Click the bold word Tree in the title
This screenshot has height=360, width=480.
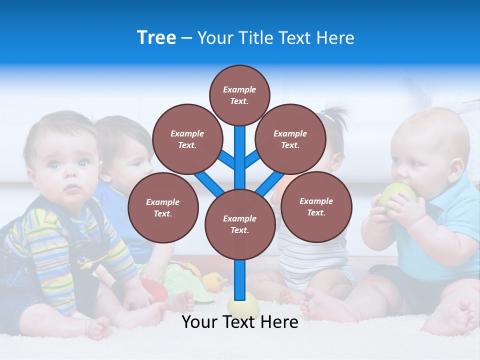[156, 37]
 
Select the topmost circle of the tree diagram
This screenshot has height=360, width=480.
[239, 95]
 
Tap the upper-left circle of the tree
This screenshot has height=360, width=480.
[187, 139]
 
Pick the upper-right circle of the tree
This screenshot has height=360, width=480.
[290, 139]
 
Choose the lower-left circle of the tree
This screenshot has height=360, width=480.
[163, 207]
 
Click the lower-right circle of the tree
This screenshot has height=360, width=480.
[316, 206]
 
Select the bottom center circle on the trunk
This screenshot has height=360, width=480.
[240, 224]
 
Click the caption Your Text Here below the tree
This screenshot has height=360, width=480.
[240, 322]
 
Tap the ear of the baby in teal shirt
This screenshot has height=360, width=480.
[455, 170]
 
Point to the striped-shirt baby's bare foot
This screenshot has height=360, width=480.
[100, 327]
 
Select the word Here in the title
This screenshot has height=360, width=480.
[335, 38]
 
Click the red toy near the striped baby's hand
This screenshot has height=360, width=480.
[155, 290]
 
